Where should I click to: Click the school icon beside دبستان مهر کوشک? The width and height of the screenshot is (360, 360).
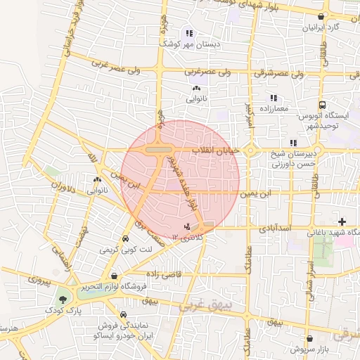point(188,33)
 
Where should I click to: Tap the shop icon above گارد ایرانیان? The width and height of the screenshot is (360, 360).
point(321,16)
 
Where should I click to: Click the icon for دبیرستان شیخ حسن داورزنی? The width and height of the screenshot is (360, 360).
point(292,143)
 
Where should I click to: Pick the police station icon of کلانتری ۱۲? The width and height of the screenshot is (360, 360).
point(186,226)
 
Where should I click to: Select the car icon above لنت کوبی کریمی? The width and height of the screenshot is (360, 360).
point(125,238)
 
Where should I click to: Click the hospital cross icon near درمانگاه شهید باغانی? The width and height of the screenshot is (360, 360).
point(341,222)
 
